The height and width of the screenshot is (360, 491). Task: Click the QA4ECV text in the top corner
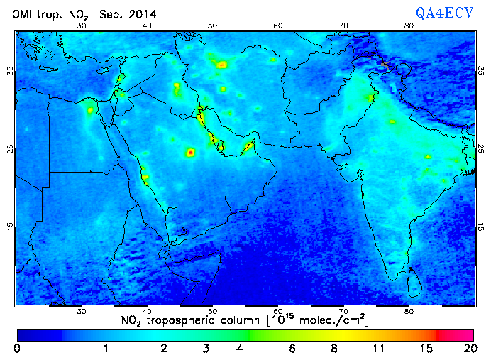[445, 13]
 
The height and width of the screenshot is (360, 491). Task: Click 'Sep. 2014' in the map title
[128, 13]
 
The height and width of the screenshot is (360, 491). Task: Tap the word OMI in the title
[25, 13]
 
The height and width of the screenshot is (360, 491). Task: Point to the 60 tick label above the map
[278, 26]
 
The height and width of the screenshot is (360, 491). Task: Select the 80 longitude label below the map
[409, 311]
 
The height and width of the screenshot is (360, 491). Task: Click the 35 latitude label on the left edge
[10, 71]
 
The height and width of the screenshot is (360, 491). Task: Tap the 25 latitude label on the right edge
[480, 149]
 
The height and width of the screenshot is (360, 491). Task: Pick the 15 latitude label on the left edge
[10, 227]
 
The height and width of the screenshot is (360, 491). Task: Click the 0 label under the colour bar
[17, 349]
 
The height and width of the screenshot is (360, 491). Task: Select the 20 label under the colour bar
[468, 349]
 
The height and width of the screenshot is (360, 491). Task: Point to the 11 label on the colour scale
[379, 349]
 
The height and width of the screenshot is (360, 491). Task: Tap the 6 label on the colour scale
[291, 349]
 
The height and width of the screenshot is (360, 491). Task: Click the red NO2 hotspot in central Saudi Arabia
[190, 152]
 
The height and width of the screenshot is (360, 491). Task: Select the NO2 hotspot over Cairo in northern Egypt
[90, 110]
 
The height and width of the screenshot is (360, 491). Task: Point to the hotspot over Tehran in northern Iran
[222, 65]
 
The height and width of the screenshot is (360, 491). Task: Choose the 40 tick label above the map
[147, 26]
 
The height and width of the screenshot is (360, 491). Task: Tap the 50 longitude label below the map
[213, 311]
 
